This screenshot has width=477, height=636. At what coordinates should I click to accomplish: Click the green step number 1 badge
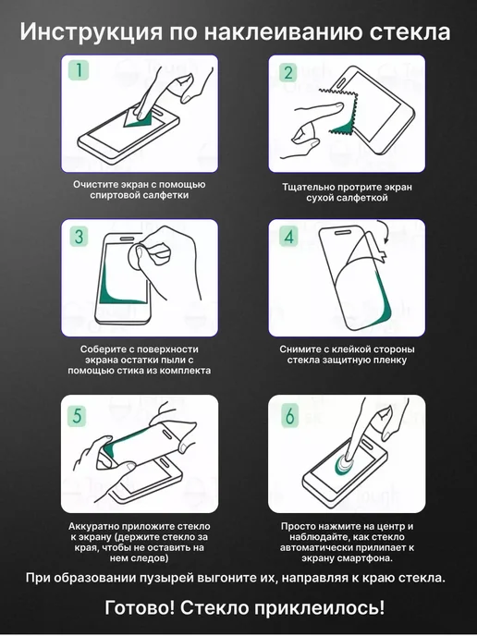(79, 69)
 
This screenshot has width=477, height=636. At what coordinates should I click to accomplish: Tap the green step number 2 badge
(288, 72)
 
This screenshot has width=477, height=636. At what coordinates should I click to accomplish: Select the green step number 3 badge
(79, 236)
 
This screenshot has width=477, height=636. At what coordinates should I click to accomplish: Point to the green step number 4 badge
(288, 236)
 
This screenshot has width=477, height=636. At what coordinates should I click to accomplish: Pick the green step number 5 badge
(77, 416)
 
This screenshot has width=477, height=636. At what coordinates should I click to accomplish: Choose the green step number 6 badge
(289, 416)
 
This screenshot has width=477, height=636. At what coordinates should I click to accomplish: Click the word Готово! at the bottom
(140, 607)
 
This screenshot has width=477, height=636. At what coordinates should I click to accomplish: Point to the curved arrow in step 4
(384, 231)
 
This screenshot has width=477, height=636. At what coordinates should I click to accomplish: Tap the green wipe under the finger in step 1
(140, 120)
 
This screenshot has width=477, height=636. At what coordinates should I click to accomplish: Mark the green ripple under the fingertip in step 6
(343, 465)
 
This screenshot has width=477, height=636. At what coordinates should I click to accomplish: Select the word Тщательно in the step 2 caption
(302, 188)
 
